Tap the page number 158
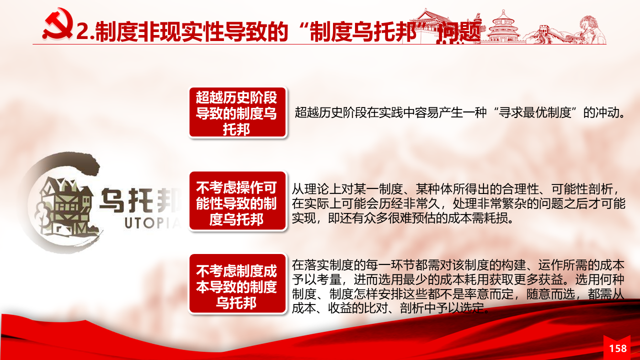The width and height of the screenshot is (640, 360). [618, 348]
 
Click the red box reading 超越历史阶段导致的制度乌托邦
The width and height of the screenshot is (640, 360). [237, 112]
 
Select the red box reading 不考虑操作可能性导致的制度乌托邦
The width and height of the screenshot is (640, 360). [237, 201]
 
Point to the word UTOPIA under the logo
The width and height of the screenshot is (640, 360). [153, 223]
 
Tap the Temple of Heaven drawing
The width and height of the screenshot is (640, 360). [503, 26]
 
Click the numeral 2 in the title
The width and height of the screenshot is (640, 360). [83, 31]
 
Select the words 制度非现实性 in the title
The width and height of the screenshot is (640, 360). [158, 31]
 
